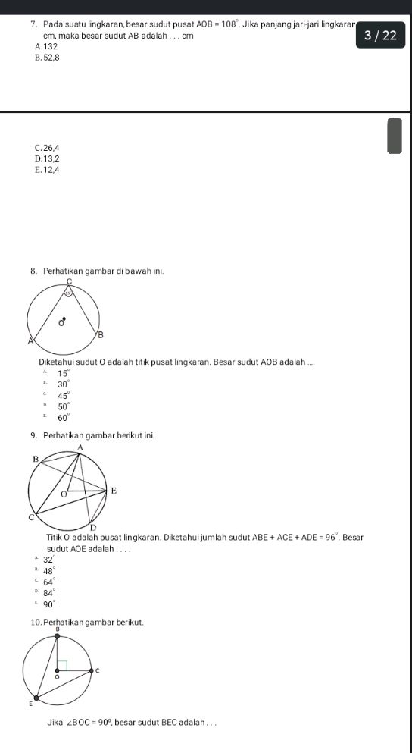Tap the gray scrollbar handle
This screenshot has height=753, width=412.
tap(394, 135)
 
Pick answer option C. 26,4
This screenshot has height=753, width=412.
tap(47, 147)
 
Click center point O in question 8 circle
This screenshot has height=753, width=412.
tap(64, 319)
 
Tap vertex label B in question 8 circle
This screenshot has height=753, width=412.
tap(101, 334)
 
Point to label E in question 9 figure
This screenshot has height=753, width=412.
tap(114, 491)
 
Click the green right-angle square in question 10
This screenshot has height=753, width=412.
tap(63, 665)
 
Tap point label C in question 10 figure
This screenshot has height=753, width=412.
tap(96, 671)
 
